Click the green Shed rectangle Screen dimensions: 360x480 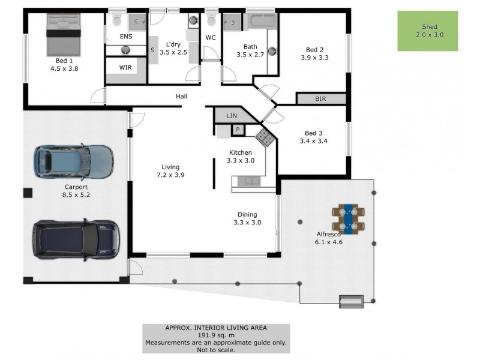[428, 31]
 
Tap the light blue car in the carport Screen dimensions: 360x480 [74, 162]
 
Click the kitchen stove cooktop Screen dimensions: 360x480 [265, 137]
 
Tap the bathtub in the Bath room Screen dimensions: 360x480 [261, 22]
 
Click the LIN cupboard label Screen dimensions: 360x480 [232, 116]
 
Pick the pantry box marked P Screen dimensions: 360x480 [238, 129]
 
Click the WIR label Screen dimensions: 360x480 [125, 67]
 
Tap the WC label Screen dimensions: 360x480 [211, 38]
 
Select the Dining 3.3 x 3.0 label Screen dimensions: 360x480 [247, 218]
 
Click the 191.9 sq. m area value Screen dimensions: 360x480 [216, 335]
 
